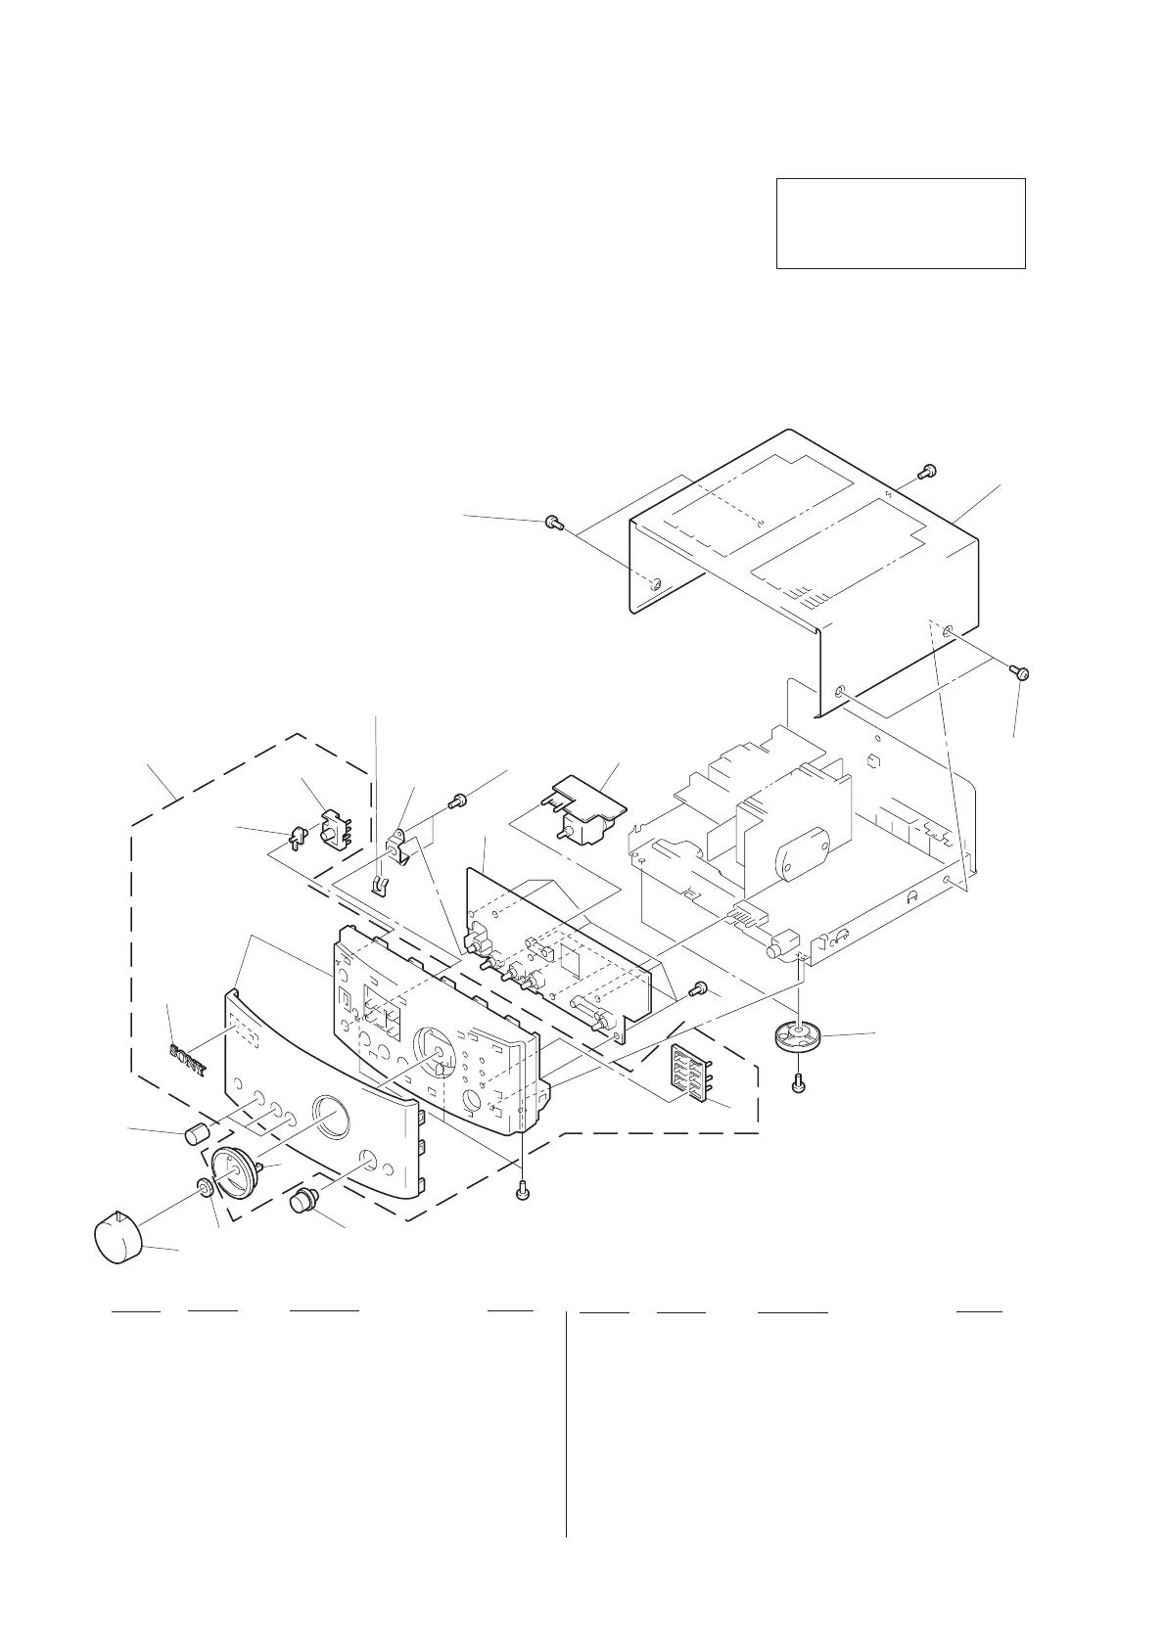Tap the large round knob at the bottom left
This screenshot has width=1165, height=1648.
click(x=118, y=1236)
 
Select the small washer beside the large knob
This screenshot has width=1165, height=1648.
click(x=206, y=1188)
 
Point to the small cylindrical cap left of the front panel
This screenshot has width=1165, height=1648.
click(x=197, y=1135)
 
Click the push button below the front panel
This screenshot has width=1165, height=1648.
click(x=303, y=1201)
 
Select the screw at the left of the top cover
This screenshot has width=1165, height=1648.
click(x=553, y=524)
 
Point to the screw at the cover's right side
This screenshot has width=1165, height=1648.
click(x=1020, y=672)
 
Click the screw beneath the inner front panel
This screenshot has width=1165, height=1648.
click(x=522, y=1192)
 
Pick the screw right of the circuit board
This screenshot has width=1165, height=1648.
click(x=699, y=988)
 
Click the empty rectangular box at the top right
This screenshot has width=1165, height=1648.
click(x=900, y=223)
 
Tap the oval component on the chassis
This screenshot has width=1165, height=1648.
click(x=800, y=860)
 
